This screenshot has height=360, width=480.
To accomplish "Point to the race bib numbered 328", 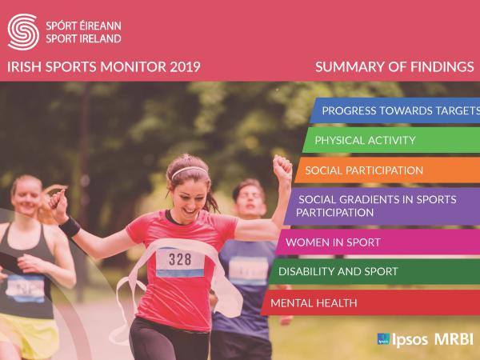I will click(180, 259).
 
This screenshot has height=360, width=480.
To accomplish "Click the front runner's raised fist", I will click(282, 166).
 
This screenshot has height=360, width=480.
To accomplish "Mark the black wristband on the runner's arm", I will click(70, 226).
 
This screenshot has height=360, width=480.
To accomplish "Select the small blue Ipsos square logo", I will click(383, 339).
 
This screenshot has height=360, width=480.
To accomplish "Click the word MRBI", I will click(454, 339).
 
